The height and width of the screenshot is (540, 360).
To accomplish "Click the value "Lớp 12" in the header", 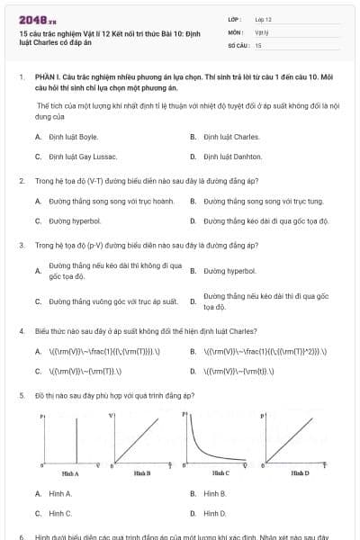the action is click(x=263, y=19).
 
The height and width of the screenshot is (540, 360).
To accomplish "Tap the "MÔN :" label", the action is click(x=235, y=31).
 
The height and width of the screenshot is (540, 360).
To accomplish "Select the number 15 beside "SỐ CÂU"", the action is click(x=258, y=44).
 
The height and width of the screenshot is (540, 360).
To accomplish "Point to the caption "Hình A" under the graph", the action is click(x=69, y=472).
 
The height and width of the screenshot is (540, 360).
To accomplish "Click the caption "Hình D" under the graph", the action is click(x=300, y=472).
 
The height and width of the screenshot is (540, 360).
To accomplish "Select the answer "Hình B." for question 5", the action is click(x=215, y=494).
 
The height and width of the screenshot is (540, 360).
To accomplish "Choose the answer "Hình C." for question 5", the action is click(x=60, y=513).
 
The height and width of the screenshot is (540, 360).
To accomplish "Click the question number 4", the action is click(x=21, y=331).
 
